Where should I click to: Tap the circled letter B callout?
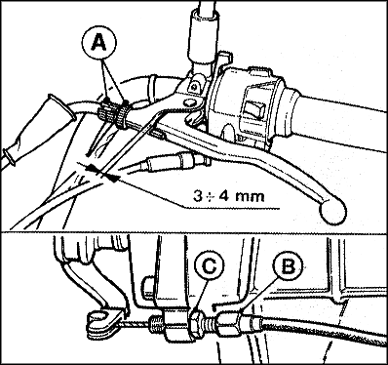(288, 266)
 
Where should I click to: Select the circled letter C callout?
(210, 266)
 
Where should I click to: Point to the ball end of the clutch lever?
(333, 211)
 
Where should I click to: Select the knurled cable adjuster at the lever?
(114, 114)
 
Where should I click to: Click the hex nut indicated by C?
(197, 324)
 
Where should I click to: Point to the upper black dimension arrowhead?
(92, 168)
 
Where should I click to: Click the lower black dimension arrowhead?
(111, 178)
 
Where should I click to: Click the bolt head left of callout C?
(148, 287)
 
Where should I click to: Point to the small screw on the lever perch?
(194, 87)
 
